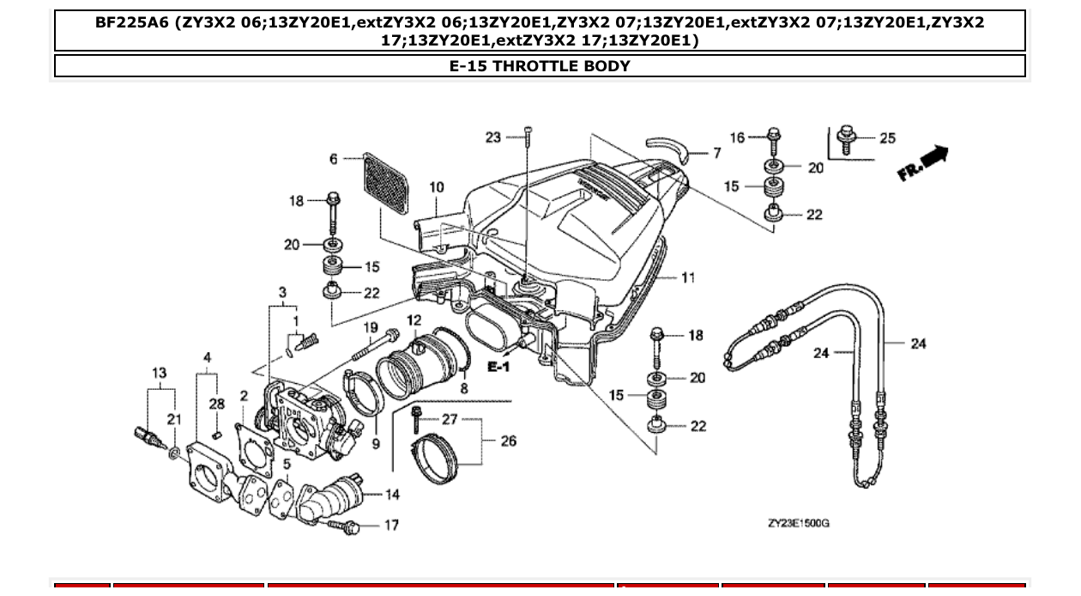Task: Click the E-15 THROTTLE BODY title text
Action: tap(540, 66)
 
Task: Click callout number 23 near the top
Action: tap(492, 137)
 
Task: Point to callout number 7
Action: tap(716, 154)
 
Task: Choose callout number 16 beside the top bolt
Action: tap(737, 137)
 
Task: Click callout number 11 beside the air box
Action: tap(688, 277)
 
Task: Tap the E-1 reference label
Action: tap(498, 367)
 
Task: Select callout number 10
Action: tap(437, 187)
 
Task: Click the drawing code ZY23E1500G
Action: tap(798, 523)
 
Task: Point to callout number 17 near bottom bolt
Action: tap(391, 525)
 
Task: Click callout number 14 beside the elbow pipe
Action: tap(391, 495)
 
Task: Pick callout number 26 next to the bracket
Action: tap(509, 441)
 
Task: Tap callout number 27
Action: tap(450, 419)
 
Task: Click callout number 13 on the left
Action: tap(160, 374)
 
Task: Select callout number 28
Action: tap(217, 404)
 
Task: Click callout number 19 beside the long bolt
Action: tap(370, 327)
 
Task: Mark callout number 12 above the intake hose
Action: tap(414, 320)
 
